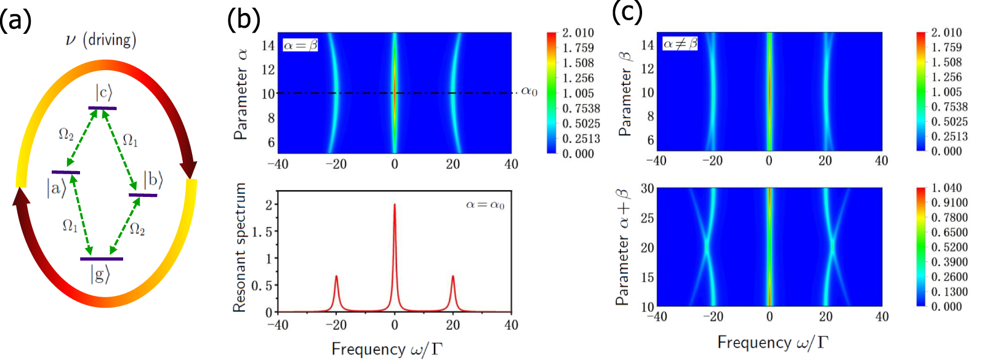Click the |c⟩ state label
pyautogui.click(x=103, y=93)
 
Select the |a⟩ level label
pyautogui.click(x=56, y=187)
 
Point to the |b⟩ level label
pyautogui.click(x=153, y=180)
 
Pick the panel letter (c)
pyautogui.click(x=627, y=12)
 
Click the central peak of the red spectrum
pyautogui.click(x=395, y=206)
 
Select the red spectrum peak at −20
pyautogui.click(x=336, y=276)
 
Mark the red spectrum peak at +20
pyautogui.click(x=453, y=276)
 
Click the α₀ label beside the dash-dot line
pyautogui.click(x=529, y=92)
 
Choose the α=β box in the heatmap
pyautogui.click(x=300, y=45)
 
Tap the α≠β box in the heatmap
pyautogui.click(x=680, y=44)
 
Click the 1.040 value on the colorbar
pyautogui.click(x=946, y=188)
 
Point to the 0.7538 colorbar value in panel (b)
pyautogui.click(x=581, y=108)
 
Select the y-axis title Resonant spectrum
pyautogui.click(x=240, y=247)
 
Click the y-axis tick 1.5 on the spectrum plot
pyautogui.click(x=263, y=231)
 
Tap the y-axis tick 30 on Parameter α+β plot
pyautogui.click(x=647, y=188)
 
